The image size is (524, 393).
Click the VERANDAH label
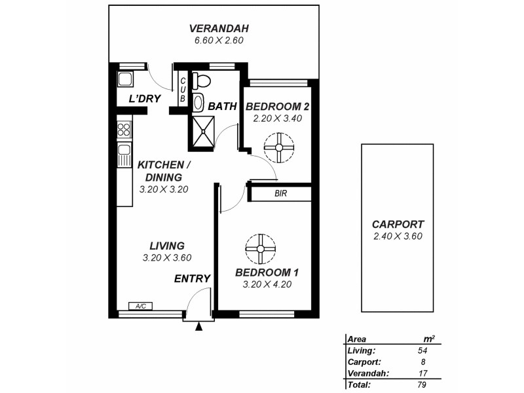(x=210, y=29)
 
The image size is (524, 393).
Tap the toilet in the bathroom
(x=202, y=81)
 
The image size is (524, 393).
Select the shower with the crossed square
(x=204, y=128)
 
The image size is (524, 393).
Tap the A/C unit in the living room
(x=140, y=306)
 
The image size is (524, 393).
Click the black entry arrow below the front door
(x=198, y=325)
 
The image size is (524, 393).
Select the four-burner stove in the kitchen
(x=124, y=129)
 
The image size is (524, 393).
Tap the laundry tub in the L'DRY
(x=124, y=80)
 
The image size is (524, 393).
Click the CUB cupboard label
(x=183, y=88)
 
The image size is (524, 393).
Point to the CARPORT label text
(x=397, y=223)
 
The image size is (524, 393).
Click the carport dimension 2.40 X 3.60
(x=397, y=236)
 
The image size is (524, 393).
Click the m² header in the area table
(x=429, y=339)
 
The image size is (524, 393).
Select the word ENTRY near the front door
(x=192, y=278)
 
